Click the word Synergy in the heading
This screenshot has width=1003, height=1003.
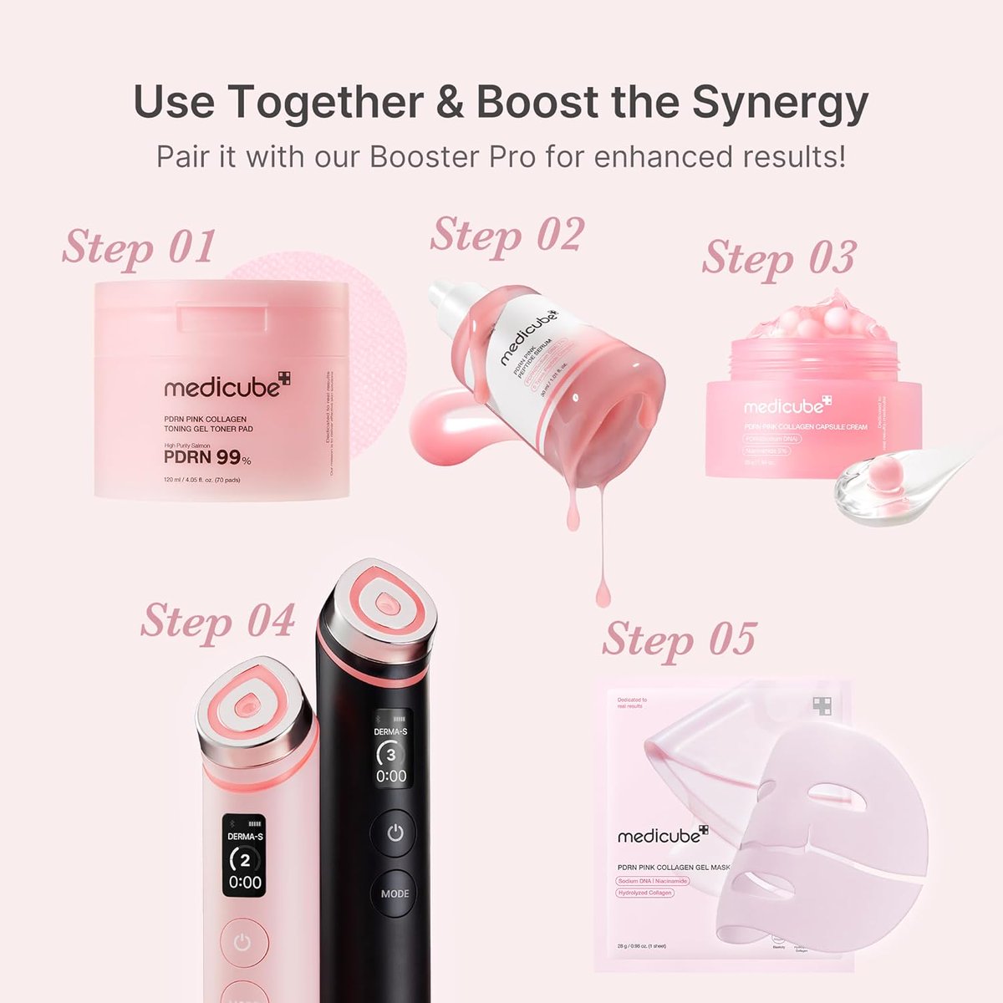tap(779, 103)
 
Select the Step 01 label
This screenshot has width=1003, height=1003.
tap(139, 247)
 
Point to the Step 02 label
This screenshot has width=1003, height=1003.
tap(507, 235)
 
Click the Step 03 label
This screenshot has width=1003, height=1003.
tap(779, 257)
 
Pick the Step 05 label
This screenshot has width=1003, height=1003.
tap(679, 639)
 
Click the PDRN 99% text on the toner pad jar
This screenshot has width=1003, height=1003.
tap(206, 458)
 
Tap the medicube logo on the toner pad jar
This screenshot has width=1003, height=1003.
tap(227, 386)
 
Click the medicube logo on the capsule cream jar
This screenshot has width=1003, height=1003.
tap(787, 406)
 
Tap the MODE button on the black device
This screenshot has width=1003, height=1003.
tap(395, 893)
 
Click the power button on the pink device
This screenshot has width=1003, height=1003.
tap(242, 943)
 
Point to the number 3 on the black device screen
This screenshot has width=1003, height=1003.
tap(390, 754)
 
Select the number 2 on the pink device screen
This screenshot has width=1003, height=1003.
tap(245, 860)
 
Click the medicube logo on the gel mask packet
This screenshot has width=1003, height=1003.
tap(662, 834)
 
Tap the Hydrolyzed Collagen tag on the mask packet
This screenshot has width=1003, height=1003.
tap(644, 893)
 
